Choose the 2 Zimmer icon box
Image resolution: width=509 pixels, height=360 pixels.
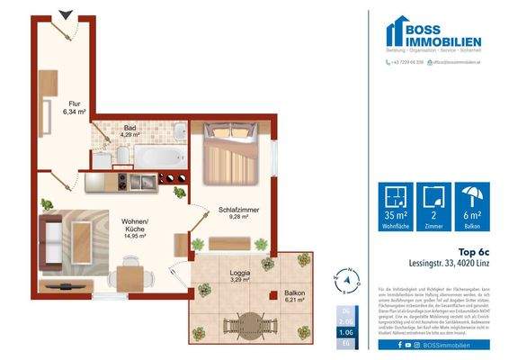point(435,210)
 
